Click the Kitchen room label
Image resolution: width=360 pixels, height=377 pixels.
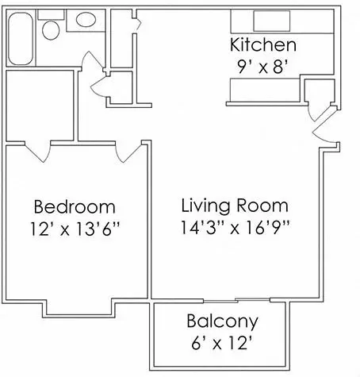pos(263,45)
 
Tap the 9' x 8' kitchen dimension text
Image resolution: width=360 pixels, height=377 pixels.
pos(262,67)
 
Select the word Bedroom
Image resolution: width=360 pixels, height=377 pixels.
pos(75,206)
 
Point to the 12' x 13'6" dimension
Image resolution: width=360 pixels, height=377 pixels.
pos(75,229)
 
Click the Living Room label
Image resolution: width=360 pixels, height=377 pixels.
pos(235,206)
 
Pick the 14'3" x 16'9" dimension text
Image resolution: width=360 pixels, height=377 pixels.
pos(236,227)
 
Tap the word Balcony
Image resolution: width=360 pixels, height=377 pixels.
pos(223,321)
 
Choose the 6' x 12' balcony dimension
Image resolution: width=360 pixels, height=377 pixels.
pos(222,343)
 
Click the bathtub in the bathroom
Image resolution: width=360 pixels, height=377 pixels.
pos(21,38)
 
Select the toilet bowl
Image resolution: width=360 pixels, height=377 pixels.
pos(51,30)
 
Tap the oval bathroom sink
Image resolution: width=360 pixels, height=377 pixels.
pos(86,20)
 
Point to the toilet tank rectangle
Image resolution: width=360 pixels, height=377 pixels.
pos(51,14)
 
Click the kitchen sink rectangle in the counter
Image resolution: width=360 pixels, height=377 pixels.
pos(272,21)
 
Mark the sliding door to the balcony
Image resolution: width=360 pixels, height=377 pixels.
pos(237,301)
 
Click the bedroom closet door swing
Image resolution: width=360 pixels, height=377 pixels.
pos(37,152)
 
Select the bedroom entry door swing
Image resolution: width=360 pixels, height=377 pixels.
pos(128,152)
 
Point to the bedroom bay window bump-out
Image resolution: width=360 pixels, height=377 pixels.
pos(79,310)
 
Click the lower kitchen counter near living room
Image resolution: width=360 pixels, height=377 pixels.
pos(265,90)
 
